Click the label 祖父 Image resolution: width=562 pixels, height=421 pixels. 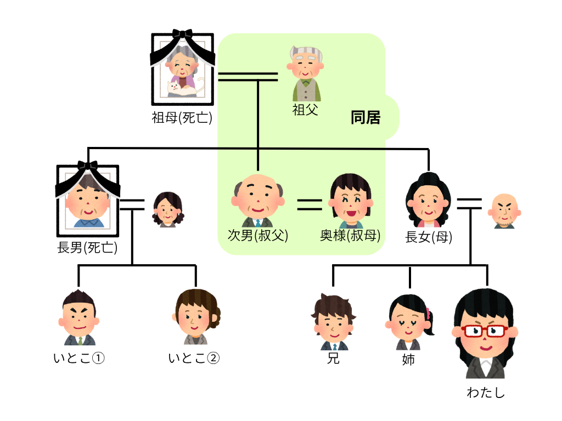point(305,110)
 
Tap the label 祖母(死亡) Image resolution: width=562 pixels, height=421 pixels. point(182,117)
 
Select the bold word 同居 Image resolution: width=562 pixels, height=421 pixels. point(366,117)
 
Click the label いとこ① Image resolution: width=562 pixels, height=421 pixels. point(79,359)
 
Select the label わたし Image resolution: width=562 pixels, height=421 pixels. point(485,392)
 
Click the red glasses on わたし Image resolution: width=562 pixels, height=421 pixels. point(484,331)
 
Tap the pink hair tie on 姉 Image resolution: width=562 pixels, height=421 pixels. point(428,314)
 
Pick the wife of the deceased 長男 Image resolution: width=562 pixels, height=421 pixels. point(167,209)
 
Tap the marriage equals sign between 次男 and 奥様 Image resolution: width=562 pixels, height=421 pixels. point(310,204)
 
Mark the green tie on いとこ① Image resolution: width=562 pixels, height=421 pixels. point(80,340)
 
